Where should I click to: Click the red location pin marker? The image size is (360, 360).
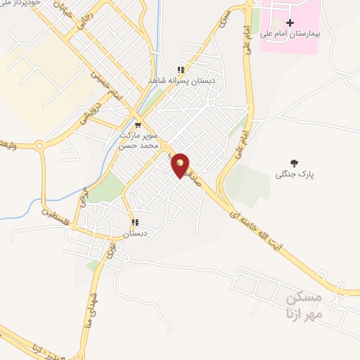click(x=180, y=165)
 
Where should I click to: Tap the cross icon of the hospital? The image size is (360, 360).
click(x=290, y=23)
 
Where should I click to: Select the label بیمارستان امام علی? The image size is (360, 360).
click(x=290, y=34)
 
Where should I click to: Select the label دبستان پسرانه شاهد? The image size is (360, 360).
click(x=181, y=81)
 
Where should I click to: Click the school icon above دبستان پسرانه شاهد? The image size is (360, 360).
click(x=181, y=70)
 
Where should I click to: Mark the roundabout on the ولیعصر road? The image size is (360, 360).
click(x=39, y=146)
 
